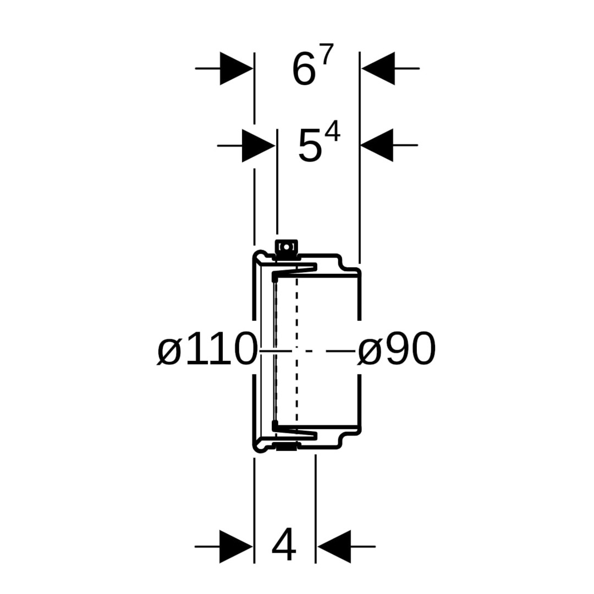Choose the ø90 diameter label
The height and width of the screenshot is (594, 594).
pyautogui.click(x=397, y=349)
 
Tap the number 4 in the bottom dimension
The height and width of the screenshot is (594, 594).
pyautogui.click(x=284, y=544)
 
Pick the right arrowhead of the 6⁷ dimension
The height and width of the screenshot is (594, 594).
pyautogui.click(x=378, y=69)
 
